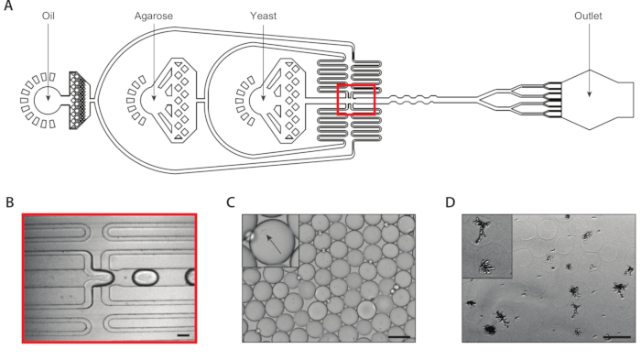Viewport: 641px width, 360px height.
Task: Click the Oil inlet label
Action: [x=49, y=16]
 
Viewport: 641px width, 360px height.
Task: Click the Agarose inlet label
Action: [x=154, y=16]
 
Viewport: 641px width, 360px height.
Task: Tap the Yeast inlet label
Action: [x=264, y=16]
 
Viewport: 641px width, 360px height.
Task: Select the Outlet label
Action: [x=588, y=16]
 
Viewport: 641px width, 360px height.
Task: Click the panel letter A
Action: [x=7, y=5]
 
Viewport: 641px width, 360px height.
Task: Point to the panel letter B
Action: [x=10, y=202]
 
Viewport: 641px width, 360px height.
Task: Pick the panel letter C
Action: [x=231, y=202]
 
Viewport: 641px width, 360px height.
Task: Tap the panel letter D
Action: [x=451, y=202]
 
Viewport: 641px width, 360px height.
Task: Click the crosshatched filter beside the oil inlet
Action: [x=78, y=100]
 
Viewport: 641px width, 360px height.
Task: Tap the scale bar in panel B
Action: [x=184, y=335]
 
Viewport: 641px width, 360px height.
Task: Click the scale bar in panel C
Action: [x=399, y=337]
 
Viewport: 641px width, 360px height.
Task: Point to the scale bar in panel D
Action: [x=617, y=337]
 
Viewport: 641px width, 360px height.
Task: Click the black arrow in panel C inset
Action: [x=274, y=244]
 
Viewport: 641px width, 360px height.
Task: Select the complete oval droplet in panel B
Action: [x=145, y=277]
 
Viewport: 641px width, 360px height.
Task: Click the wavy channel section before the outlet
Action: [x=411, y=100]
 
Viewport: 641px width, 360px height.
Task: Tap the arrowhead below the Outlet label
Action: [x=589, y=94]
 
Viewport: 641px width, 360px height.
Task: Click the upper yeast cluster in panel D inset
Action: [x=483, y=229]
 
